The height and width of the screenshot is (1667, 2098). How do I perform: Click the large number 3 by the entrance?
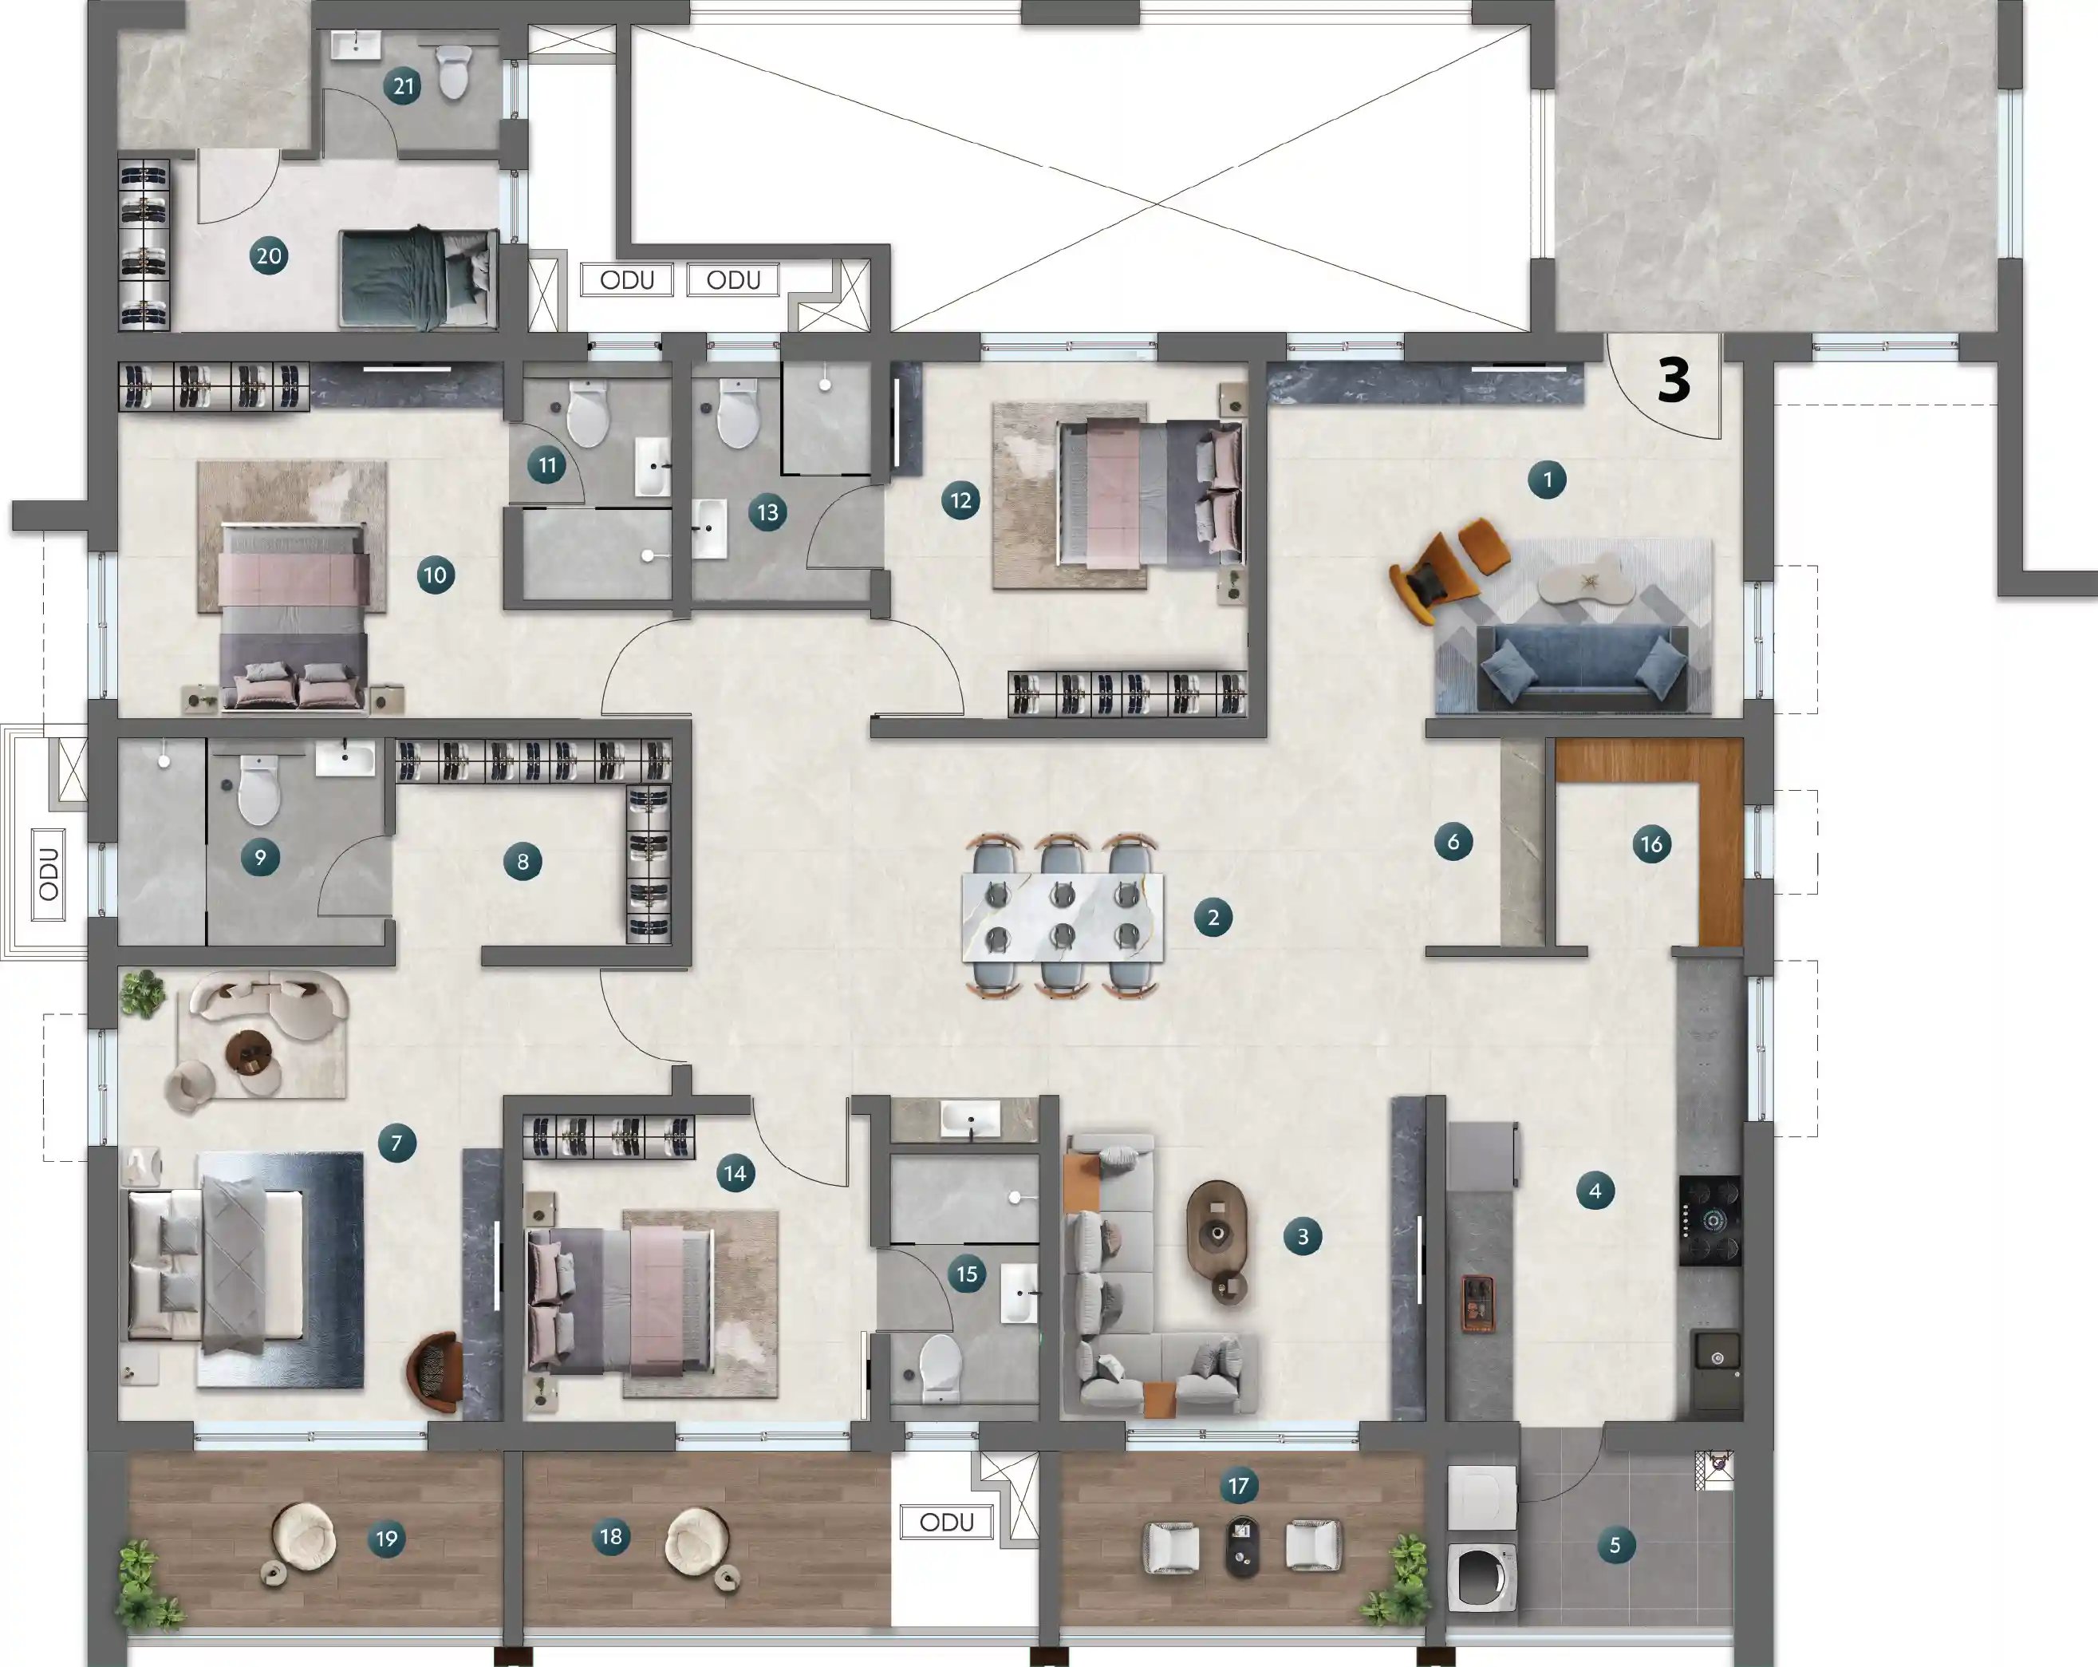tap(1674, 381)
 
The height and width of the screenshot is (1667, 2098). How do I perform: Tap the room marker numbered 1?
tap(1548, 480)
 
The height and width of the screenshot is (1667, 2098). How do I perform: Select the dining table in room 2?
tap(1062, 917)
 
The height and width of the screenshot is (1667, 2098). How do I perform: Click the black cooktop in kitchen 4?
tap(1710, 1220)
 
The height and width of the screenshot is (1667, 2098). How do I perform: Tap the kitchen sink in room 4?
tap(1717, 1358)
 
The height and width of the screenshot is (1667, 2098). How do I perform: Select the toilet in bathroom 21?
tap(453, 73)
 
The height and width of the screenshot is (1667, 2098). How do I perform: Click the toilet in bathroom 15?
tap(940, 1365)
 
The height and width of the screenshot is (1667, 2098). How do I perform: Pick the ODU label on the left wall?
tap(49, 874)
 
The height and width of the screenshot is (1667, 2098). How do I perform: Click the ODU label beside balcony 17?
tap(946, 1522)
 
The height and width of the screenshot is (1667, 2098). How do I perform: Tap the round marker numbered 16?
tap(1651, 843)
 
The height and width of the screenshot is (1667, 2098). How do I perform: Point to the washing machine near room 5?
tap(1482, 1577)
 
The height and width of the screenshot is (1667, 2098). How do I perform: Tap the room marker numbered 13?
tap(767, 513)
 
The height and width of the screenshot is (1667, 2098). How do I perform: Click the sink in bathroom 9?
tap(345, 759)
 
